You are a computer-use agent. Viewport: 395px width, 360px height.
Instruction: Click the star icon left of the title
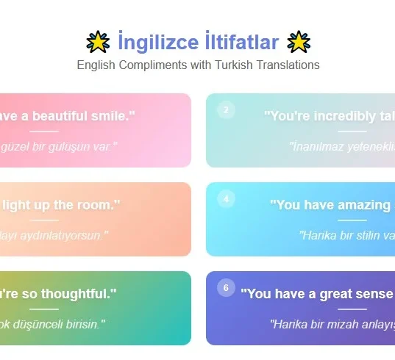pos(99,42)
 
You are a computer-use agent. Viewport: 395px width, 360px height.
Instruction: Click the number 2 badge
pos(226,110)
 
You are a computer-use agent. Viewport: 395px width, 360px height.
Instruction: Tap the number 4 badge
pos(226,199)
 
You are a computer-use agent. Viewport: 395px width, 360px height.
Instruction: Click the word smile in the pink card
pos(115,116)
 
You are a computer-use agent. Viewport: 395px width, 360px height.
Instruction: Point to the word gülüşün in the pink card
pos(67,146)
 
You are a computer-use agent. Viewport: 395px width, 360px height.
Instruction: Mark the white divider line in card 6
pos(352,309)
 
